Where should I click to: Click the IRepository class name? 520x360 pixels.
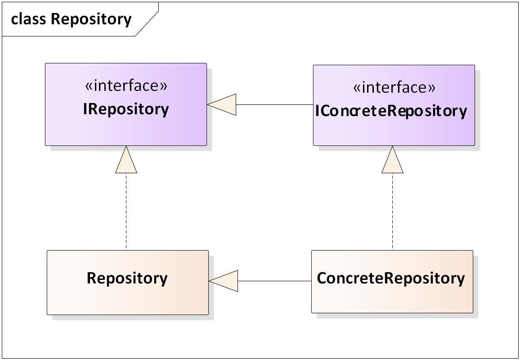(126, 109)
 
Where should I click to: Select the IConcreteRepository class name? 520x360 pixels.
(391, 111)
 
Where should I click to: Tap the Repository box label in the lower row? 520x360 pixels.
(127, 278)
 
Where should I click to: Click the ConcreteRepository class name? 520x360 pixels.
(390, 278)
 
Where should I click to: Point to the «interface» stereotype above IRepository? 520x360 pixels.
(126, 85)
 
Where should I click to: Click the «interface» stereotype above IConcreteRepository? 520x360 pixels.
(394, 87)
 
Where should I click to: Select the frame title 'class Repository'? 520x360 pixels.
(71, 19)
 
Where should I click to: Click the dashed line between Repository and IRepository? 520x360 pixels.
(126, 211)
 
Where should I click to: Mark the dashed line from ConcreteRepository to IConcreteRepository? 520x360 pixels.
(392, 211)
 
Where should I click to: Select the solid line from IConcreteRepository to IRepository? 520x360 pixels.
(274, 105)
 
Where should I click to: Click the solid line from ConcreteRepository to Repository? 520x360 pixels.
(274, 281)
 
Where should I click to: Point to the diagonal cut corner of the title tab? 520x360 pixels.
(147, 19)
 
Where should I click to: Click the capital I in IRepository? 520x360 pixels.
(85, 109)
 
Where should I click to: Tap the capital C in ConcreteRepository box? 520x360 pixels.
(322, 278)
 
